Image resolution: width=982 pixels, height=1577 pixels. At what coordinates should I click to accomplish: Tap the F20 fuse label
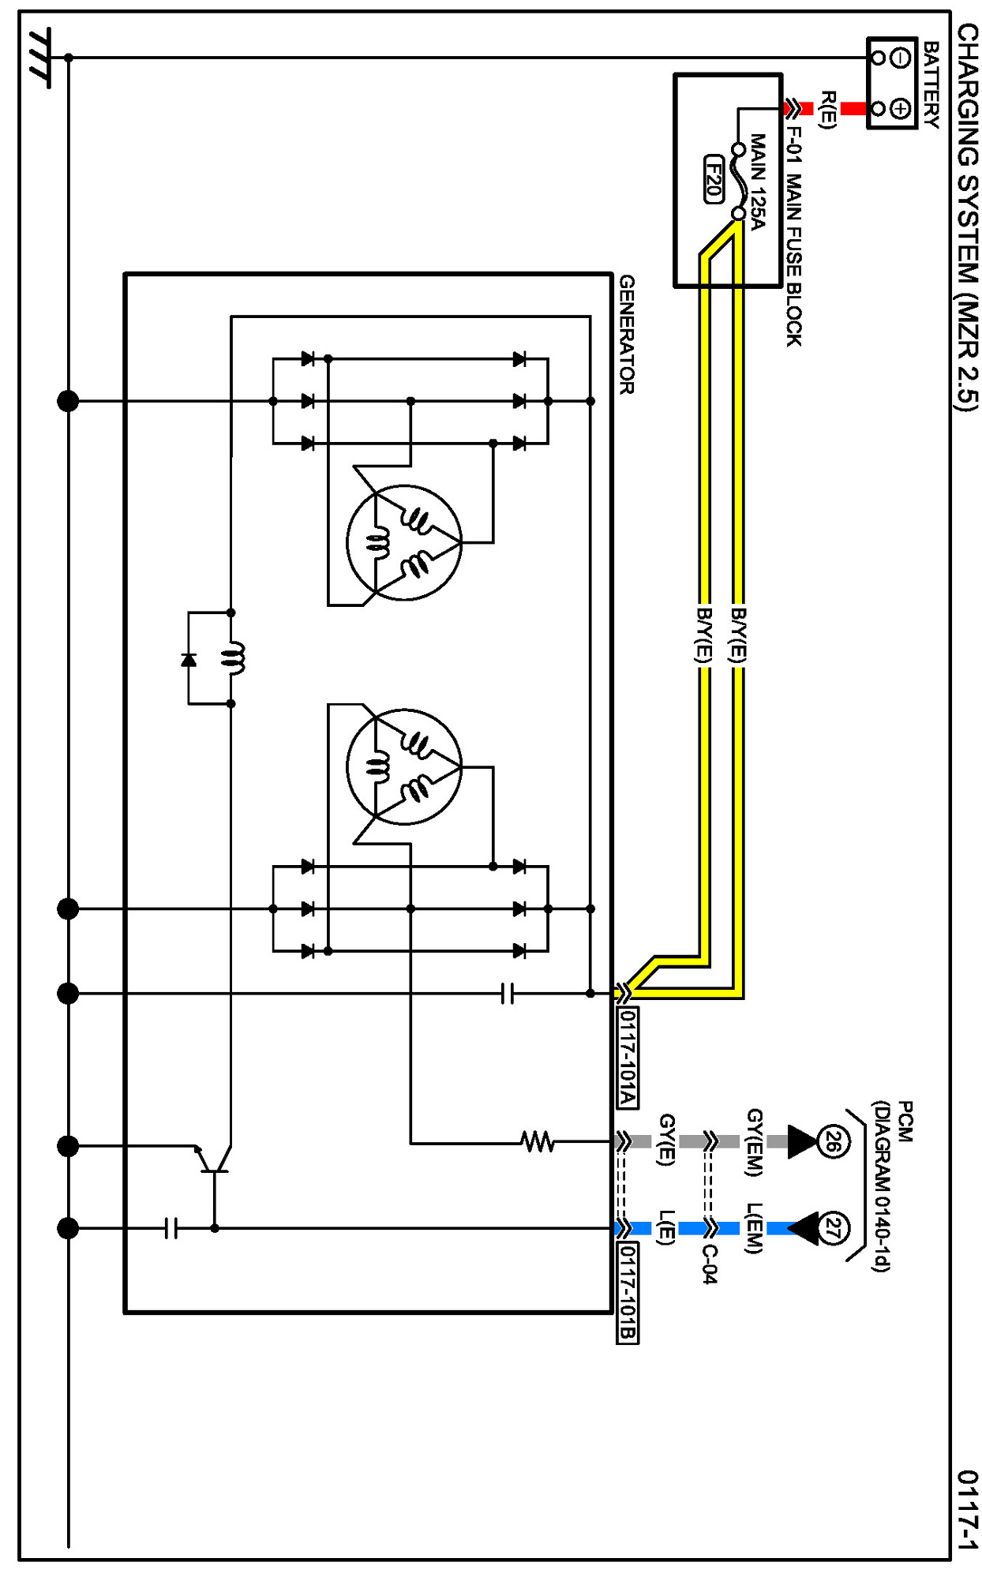(714, 179)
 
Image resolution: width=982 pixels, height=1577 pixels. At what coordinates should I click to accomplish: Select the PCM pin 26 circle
(833, 1141)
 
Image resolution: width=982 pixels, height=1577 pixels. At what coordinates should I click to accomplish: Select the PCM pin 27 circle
(833, 1228)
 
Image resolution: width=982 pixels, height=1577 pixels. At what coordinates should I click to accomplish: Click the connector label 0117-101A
(627, 1057)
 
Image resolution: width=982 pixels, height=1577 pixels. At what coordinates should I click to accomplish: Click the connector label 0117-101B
(627, 1292)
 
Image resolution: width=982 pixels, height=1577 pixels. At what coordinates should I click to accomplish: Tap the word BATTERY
(931, 84)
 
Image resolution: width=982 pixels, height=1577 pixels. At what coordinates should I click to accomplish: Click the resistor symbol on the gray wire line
(538, 1141)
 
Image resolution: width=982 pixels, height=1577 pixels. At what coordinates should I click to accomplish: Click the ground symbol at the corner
(39, 58)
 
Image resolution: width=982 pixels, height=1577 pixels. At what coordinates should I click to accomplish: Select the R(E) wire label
(827, 109)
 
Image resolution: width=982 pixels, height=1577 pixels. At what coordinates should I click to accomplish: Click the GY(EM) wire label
(755, 1142)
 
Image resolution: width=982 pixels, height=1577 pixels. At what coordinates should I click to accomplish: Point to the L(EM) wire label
(755, 1228)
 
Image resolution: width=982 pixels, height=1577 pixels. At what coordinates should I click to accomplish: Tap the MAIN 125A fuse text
(758, 182)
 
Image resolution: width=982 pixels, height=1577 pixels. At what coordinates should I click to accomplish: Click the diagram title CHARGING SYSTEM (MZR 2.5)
(968, 217)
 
